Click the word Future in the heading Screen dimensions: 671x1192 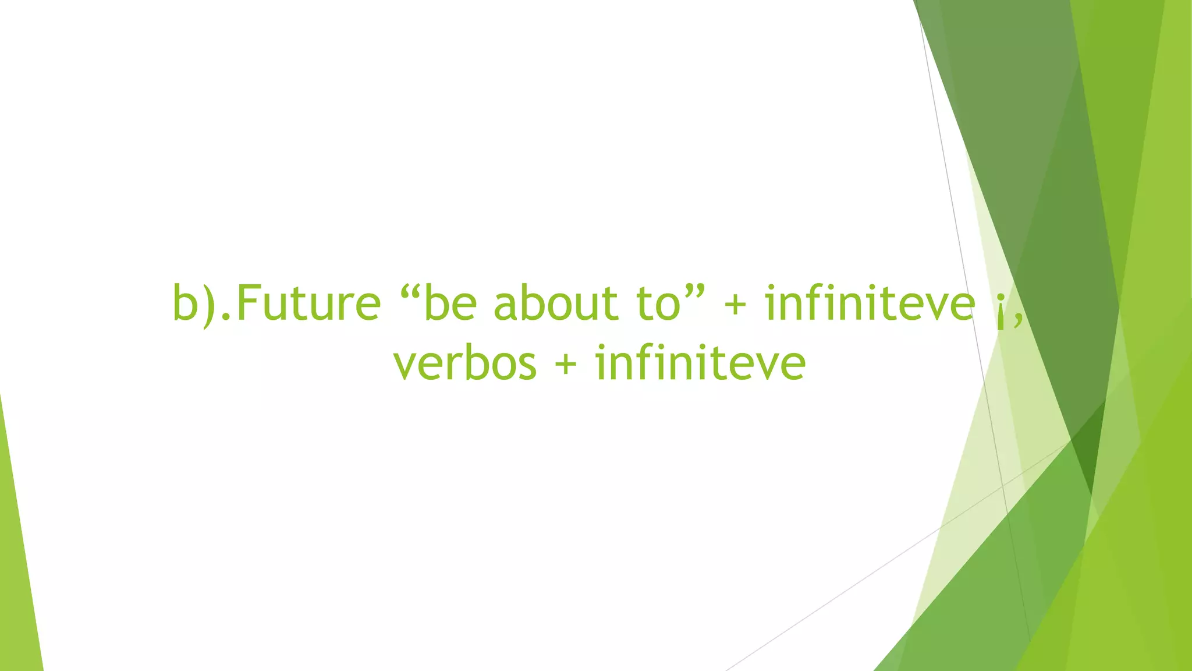(x=308, y=304)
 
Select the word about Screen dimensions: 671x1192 (x=547, y=304)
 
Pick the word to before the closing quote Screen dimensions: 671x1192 (x=658, y=304)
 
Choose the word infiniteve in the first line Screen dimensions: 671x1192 (x=870, y=304)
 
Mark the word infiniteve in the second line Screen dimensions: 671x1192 (x=700, y=363)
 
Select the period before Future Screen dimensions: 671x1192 (x=225, y=319)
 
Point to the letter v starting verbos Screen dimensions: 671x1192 (x=406, y=367)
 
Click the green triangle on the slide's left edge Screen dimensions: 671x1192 (x=17, y=582)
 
